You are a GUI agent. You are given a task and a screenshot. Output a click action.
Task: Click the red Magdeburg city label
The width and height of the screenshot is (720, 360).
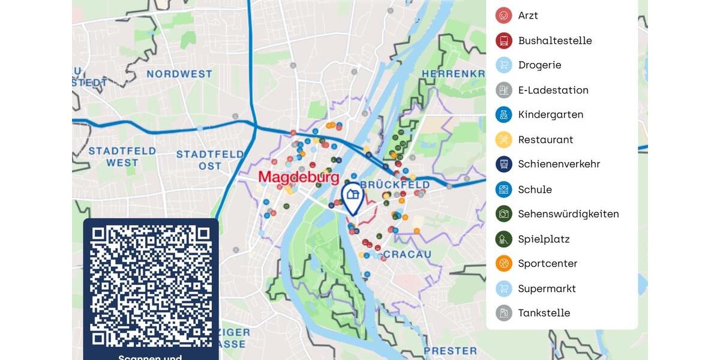tap(298, 178)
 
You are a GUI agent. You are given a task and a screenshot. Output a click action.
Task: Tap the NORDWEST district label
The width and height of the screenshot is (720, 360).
tap(179, 74)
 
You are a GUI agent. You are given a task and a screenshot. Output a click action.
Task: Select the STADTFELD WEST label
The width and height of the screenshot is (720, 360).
tap(122, 157)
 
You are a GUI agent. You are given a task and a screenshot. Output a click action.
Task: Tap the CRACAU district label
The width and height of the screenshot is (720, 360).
tap(407, 254)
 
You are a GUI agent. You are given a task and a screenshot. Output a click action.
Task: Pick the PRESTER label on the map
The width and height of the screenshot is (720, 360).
tap(450, 350)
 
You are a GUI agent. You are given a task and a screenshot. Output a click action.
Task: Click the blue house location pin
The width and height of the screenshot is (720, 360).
tap(353, 197)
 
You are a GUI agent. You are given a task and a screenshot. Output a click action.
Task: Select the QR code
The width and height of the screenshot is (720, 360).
tap(151, 286)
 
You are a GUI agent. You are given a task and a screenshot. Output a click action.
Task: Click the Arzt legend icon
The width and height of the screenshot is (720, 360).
tap(503, 16)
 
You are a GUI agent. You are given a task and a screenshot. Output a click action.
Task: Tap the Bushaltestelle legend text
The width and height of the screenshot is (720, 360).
tap(554, 41)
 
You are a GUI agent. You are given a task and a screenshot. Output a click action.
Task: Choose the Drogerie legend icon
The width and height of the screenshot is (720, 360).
tap(503, 65)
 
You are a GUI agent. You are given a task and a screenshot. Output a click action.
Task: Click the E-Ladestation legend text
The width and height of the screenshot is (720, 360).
tap(553, 90)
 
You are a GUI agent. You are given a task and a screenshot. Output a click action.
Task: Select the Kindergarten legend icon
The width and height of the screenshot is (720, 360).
tap(503, 115)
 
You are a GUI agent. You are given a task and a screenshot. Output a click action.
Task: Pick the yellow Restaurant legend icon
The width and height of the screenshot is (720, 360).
tap(503, 140)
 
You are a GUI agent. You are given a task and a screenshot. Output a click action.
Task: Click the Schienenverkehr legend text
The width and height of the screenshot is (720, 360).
tap(559, 164)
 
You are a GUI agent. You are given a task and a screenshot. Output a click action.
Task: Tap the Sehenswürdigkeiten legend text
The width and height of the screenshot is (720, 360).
tap(568, 214)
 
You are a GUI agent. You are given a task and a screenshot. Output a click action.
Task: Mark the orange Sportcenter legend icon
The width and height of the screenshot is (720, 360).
tap(503, 263)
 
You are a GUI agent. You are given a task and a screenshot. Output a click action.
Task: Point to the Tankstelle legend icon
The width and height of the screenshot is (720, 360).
tap(503, 313)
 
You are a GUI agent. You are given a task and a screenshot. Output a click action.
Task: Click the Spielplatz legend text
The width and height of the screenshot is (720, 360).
tap(544, 239)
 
